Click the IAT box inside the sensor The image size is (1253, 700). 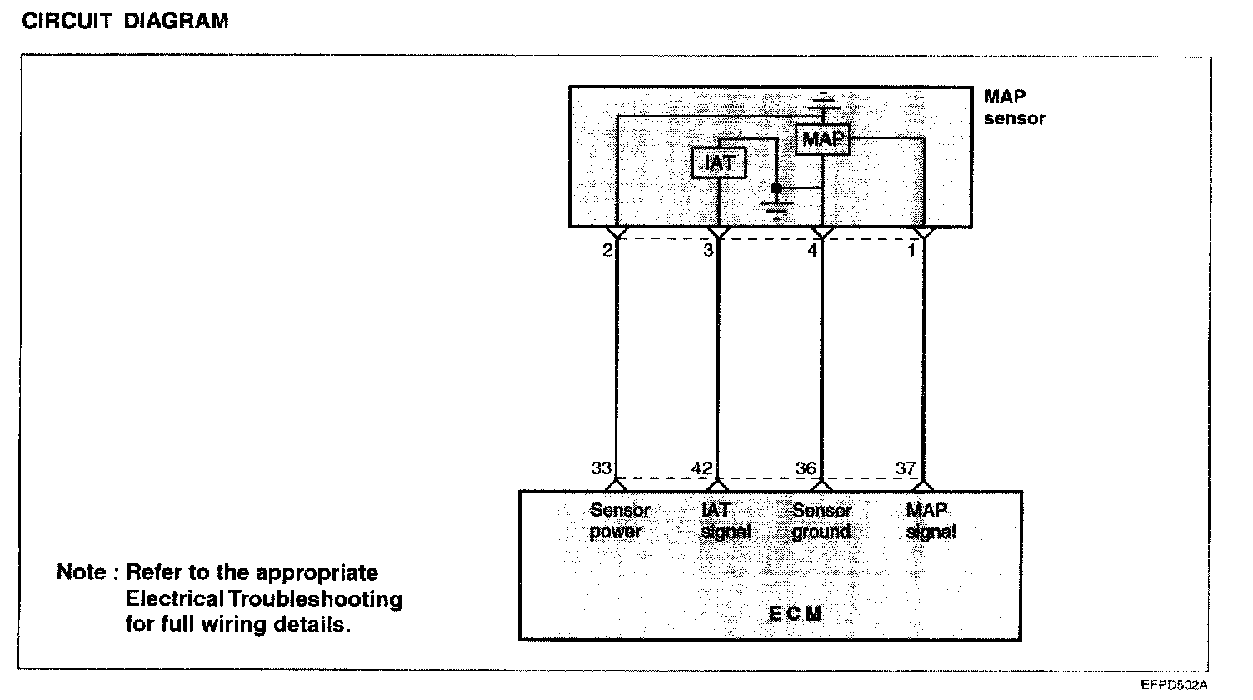pyautogui.click(x=719, y=162)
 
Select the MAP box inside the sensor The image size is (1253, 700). pyautogui.click(x=822, y=139)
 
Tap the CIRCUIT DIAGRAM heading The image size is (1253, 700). pyautogui.click(x=125, y=22)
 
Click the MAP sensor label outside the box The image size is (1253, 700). pyautogui.click(x=1013, y=107)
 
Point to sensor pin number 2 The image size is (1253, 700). pyautogui.click(x=607, y=249)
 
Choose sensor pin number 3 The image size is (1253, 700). pyautogui.click(x=707, y=249)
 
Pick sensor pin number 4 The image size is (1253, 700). pyautogui.click(x=812, y=249)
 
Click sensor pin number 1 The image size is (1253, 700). pyautogui.click(x=911, y=249)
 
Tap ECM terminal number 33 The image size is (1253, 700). pyautogui.click(x=602, y=468)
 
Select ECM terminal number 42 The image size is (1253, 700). pyautogui.click(x=702, y=468)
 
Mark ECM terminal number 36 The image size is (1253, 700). pyautogui.click(x=806, y=468)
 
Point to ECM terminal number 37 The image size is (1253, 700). pyautogui.click(x=906, y=468)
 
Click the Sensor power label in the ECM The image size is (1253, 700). pyautogui.click(x=619, y=521)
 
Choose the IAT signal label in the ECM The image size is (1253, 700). pyautogui.click(x=725, y=521)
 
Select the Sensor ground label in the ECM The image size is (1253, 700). pyautogui.click(x=821, y=521)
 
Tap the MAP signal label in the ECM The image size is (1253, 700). pyautogui.click(x=930, y=521)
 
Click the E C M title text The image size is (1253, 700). pyautogui.click(x=794, y=614)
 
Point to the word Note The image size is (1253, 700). pyautogui.click(x=81, y=573)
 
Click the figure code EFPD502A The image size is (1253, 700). pyautogui.click(x=1174, y=685)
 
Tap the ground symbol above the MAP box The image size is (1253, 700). pyautogui.click(x=823, y=104)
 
